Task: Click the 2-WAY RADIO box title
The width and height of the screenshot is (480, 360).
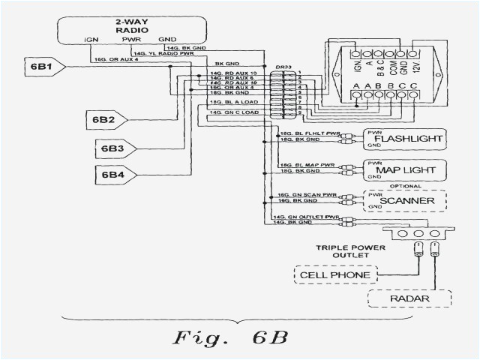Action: click(131, 27)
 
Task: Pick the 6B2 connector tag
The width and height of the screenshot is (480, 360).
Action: click(103, 118)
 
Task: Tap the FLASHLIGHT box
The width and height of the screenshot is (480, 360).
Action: click(403, 139)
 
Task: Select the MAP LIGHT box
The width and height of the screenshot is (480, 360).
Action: click(403, 170)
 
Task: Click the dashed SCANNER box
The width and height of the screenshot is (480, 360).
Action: click(403, 202)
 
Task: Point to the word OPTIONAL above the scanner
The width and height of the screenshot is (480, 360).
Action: click(404, 186)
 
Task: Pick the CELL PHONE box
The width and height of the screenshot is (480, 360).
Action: click(334, 275)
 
